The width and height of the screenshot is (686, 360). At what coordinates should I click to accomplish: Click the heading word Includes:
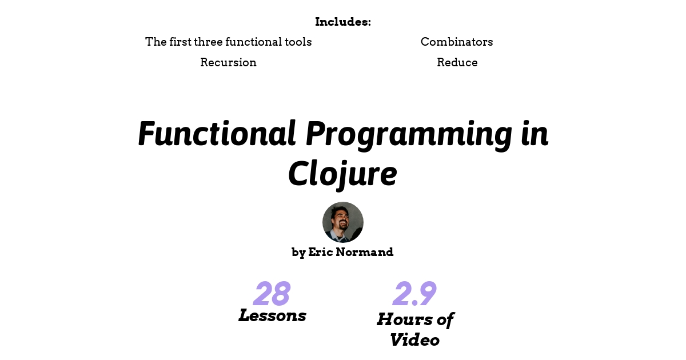pyautogui.click(x=342, y=22)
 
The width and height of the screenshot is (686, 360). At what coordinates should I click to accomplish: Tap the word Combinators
pyautogui.click(x=457, y=42)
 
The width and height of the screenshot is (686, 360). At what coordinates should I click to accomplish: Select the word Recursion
pyautogui.click(x=228, y=62)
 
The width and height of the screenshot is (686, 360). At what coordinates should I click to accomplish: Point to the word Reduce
pyautogui.click(x=457, y=62)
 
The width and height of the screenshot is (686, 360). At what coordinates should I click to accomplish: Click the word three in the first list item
pyautogui.click(x=208, y=42)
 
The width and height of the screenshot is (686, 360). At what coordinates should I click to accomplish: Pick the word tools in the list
pyautogui.click(x=298, y=42)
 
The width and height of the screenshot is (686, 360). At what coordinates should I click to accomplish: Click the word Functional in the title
pyautogui.click(x=217, y=134)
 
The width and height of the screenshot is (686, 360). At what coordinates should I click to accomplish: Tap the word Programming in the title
pyautogui.click(x=409, y=135)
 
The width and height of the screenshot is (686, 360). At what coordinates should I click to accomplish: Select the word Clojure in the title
pyautogui.click(x=342, y=174)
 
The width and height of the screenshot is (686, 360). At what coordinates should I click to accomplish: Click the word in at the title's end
pyautogui.click(x=535, y=134)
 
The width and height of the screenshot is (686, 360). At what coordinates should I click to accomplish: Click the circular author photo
pyautogui.click(x=342, y=222)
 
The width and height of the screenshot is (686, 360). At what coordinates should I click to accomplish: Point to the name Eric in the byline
pyautogui.click(x=320, y=252)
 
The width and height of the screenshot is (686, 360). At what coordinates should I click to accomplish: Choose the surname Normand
pyautogui.click(x=365, y=252)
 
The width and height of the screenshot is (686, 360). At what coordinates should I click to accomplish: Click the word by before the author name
pyautogui.click(x=298, y=253)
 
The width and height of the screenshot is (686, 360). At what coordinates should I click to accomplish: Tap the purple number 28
pyautogui.click(x=272, y=293)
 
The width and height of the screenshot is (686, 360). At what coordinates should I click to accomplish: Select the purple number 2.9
pyautogui.click(x=414, y=293)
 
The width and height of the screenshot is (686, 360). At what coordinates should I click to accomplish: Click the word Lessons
pyautogui.click(x=272, y=315)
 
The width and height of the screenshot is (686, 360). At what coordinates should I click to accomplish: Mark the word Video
pyautogui.click(x=414, y=340)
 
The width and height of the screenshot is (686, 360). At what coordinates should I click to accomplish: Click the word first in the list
pyautogui.click(x=180, y=42)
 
